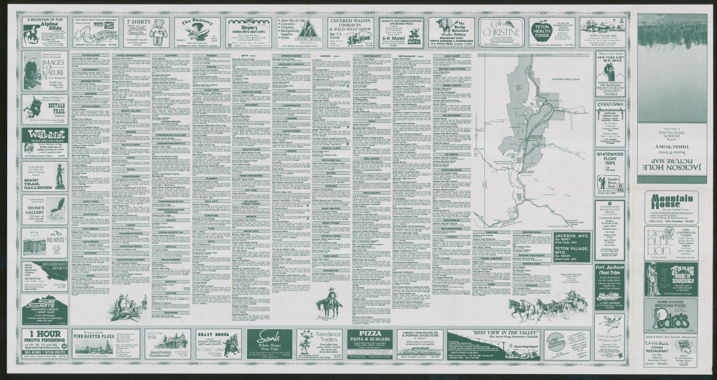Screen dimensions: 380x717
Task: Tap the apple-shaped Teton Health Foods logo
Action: (x=540, y=30)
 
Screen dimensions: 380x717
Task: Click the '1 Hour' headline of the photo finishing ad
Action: (x=45, y=334)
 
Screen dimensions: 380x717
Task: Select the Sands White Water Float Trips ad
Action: (x=270, y=345)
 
